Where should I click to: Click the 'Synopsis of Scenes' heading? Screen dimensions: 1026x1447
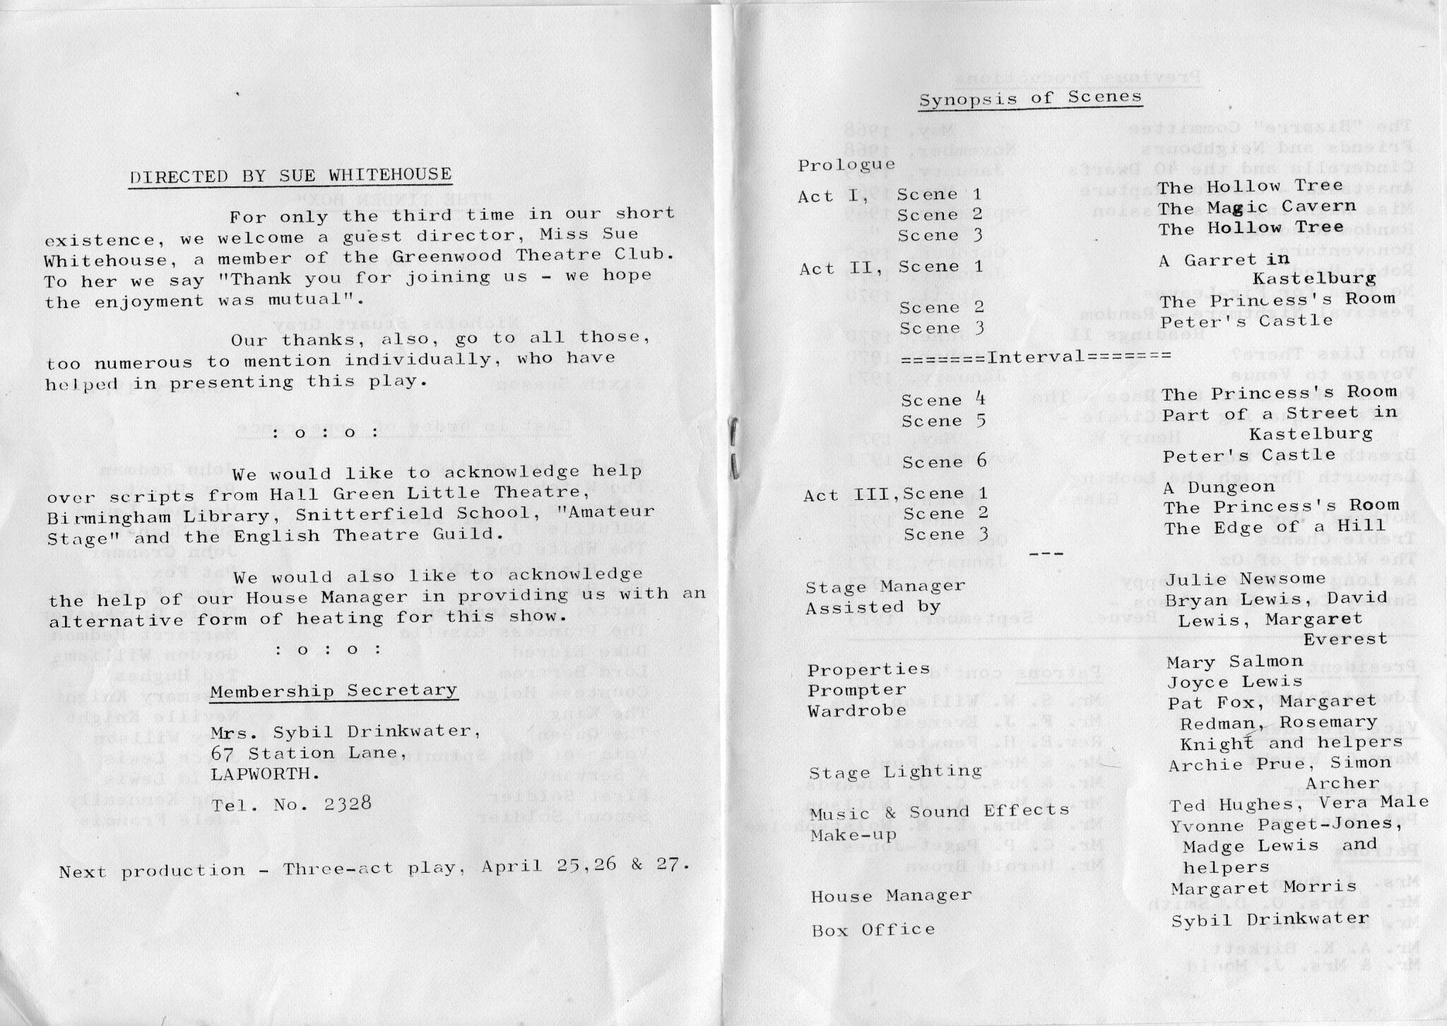coord(1030,98)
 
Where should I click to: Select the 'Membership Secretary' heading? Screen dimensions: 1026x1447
coord(333,691)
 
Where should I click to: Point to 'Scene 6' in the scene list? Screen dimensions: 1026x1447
coord(944,463)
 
